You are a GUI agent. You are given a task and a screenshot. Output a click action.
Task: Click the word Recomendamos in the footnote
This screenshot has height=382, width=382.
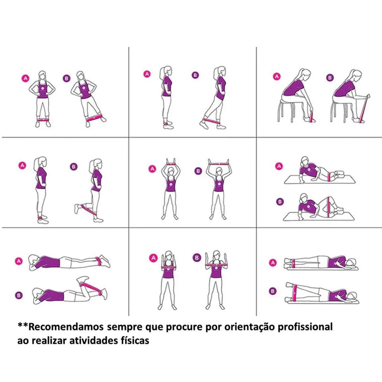pos(67,327)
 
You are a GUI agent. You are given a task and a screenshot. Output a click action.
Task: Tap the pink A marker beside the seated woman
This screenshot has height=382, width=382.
pos(276,76)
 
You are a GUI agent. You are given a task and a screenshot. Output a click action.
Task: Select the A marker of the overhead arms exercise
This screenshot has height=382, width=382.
pos(152,168)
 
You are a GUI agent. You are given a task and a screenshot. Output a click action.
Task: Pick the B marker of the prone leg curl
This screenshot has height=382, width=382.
pos(19,295)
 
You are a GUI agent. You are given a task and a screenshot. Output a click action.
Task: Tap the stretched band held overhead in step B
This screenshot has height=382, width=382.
pos(218,163)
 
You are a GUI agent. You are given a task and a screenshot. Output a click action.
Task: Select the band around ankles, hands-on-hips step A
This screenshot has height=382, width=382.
pos(43,119)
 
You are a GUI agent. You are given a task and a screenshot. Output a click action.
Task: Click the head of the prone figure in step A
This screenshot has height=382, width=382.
pos(33,260)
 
